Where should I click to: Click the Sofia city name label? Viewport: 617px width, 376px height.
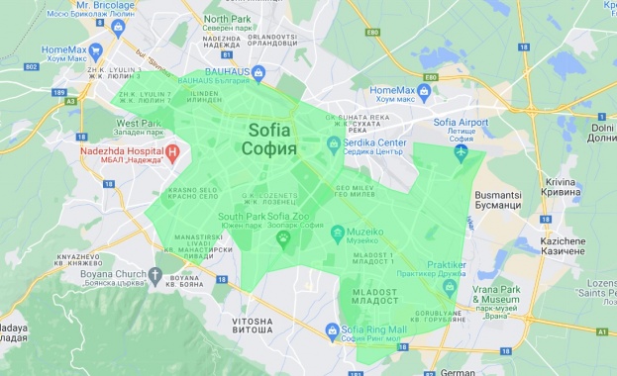point(268,139)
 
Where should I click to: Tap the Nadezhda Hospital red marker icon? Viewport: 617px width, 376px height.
point(172,153)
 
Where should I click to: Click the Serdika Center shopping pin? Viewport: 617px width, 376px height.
point(334,144)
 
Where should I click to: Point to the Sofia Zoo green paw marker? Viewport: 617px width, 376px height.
point(283,238)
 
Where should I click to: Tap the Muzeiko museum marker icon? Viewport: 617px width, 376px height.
point(337,235)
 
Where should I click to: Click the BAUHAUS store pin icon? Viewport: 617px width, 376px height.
point(257,72)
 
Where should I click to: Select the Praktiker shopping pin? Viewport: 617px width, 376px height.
point(450,286)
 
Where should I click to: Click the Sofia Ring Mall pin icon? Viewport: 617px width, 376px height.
point(332,332)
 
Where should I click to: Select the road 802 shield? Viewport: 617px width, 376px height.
point(32,65)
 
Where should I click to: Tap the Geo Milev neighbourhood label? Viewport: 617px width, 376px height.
point(354,191)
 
